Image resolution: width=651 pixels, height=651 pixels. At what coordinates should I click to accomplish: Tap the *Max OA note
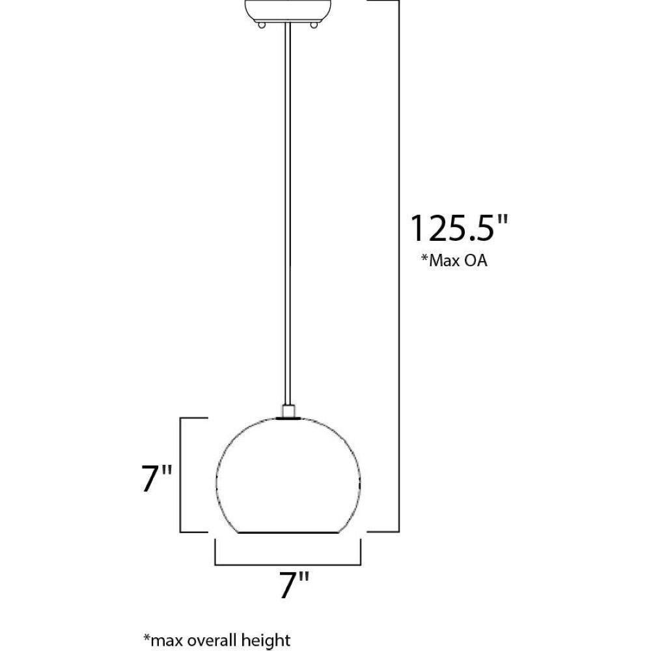coord(454,261)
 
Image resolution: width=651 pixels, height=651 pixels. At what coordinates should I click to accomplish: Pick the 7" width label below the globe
coord(294,585)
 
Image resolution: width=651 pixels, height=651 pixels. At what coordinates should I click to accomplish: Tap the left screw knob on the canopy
coord(262,25)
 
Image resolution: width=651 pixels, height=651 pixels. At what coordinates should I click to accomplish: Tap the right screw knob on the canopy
coord(314,25)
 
